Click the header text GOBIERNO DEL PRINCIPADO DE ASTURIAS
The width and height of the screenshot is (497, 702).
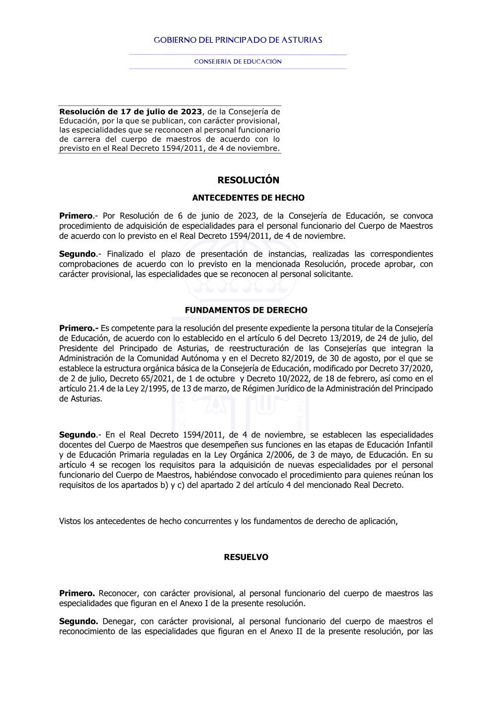tap(238, 40)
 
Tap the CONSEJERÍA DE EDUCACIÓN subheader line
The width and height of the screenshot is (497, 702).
tap(238, 62)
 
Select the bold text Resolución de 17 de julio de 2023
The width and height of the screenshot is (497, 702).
tap(131, 112)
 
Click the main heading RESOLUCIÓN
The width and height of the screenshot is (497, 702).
tap(248, 180)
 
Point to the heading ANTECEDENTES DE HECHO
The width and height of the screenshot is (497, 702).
tap(248, 198)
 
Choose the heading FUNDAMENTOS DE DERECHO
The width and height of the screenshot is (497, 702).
tap(246, 310)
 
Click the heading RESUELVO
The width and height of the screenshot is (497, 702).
tap(246, 558)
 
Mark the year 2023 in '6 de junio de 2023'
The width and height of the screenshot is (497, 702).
tap(248, 216)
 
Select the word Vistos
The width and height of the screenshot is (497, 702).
tap(70, 521)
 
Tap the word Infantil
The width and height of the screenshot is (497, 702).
tap(419, 445)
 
